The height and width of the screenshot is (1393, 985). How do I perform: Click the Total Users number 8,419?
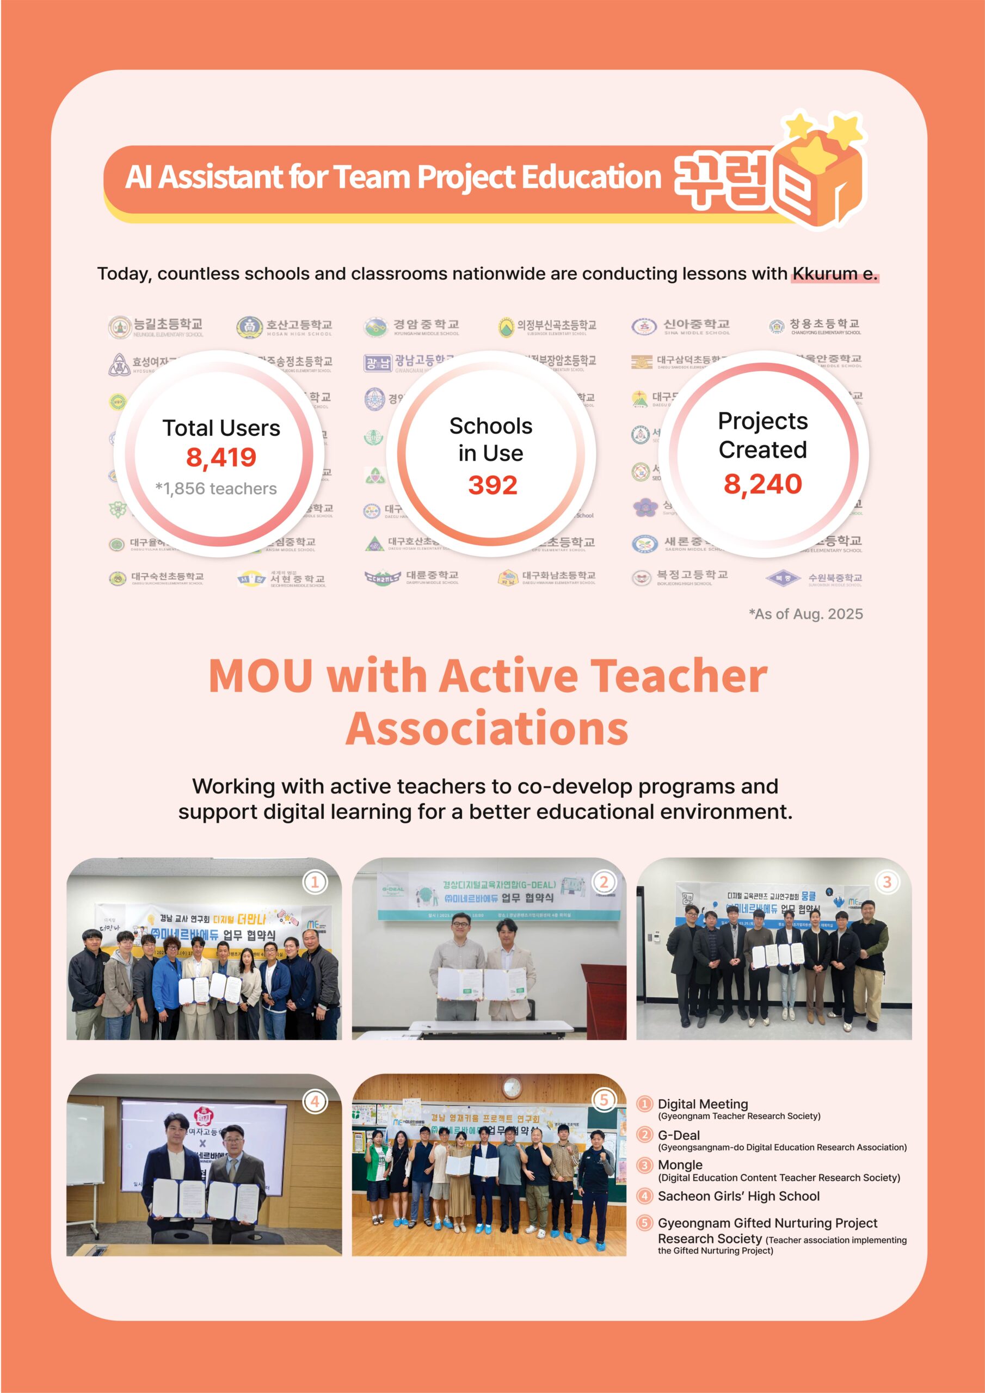221,458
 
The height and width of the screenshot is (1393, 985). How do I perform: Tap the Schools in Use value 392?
492,485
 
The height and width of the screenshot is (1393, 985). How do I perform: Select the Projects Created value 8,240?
762,484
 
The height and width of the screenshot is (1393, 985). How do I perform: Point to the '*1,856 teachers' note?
216,489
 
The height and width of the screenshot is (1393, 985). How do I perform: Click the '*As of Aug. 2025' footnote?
805,614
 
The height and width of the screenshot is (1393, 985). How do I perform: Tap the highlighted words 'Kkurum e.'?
834,274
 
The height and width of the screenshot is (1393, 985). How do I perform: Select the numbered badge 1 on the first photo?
315,882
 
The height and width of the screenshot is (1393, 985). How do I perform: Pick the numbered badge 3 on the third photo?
886,882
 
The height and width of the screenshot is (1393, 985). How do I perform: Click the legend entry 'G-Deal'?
679,1135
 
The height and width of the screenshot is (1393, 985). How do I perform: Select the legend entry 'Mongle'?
680,1165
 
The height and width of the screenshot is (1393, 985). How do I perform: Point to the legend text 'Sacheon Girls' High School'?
738,1196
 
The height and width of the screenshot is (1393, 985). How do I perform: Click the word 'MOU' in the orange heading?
261,676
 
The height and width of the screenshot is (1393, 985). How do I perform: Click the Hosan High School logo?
249,327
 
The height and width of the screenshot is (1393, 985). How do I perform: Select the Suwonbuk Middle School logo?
784,578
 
